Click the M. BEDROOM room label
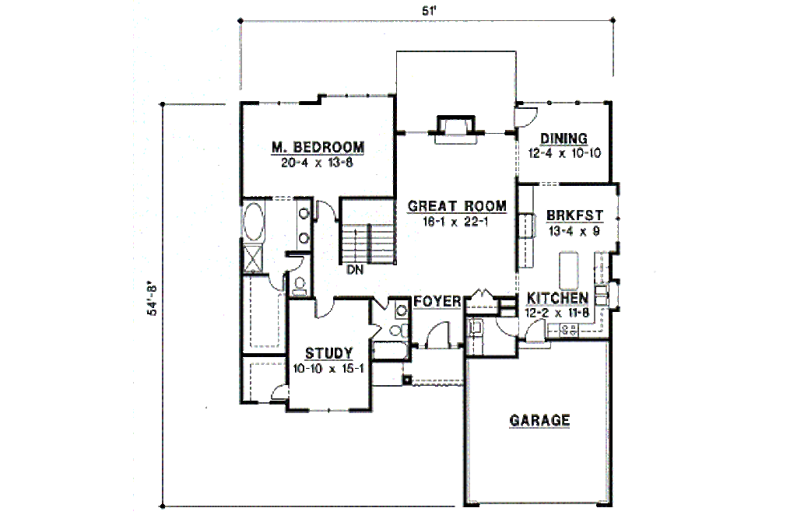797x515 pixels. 318,148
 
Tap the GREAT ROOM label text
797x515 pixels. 457,206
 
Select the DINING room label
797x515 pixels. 564,139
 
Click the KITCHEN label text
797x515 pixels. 557,299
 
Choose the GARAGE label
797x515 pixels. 539,421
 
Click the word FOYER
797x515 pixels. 437,301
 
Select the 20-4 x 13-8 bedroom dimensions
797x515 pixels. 318,163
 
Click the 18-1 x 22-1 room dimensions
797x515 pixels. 457,221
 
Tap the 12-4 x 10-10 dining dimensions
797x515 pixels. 564,153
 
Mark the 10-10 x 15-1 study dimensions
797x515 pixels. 328,369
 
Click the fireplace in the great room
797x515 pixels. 455,127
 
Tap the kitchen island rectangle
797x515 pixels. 570,268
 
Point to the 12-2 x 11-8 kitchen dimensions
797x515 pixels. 557,314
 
